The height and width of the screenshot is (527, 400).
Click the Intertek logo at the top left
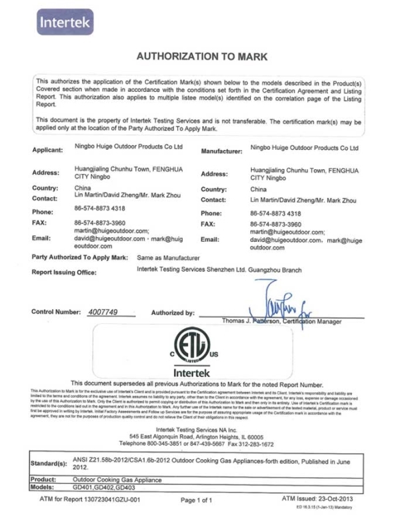pyautogui.click(x=65, y=21)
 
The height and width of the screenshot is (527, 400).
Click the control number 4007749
pyautogui.click(x=102, y=312)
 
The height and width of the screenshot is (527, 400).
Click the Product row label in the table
pyautogui.click(x=45, y=480)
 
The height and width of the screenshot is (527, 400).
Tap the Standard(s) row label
pyautogui.click(x=49, y=462)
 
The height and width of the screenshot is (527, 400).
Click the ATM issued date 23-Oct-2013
pyautogui.click(x=343, y=498)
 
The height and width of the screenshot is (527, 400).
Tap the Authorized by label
pyautogui.click(x=173, y=312)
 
